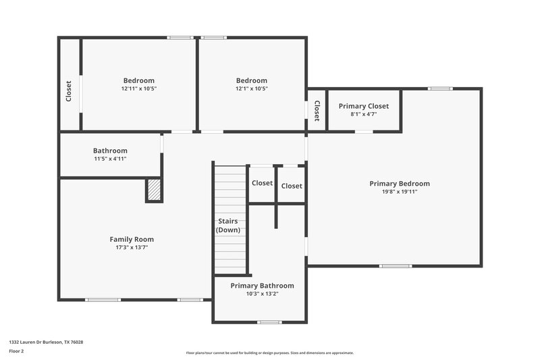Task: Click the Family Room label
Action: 132,239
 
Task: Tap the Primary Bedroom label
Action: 399,184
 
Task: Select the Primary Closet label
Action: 363,106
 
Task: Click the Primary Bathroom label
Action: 262,286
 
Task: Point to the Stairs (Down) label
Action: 228,226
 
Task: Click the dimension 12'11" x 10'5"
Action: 138,88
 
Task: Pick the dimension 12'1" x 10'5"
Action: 251,88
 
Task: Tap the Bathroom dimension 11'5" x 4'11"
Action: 110,159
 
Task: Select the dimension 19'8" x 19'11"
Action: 399,192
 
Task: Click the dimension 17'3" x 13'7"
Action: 132,247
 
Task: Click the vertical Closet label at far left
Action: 69,91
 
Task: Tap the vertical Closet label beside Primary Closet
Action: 316,111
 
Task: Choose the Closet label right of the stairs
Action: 262,183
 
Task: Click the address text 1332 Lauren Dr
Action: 46,342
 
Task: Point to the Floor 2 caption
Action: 16,351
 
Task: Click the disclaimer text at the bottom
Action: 269,353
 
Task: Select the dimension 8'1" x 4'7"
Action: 363,114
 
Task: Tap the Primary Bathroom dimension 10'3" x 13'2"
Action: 262,294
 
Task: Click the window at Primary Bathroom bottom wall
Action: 269,322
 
